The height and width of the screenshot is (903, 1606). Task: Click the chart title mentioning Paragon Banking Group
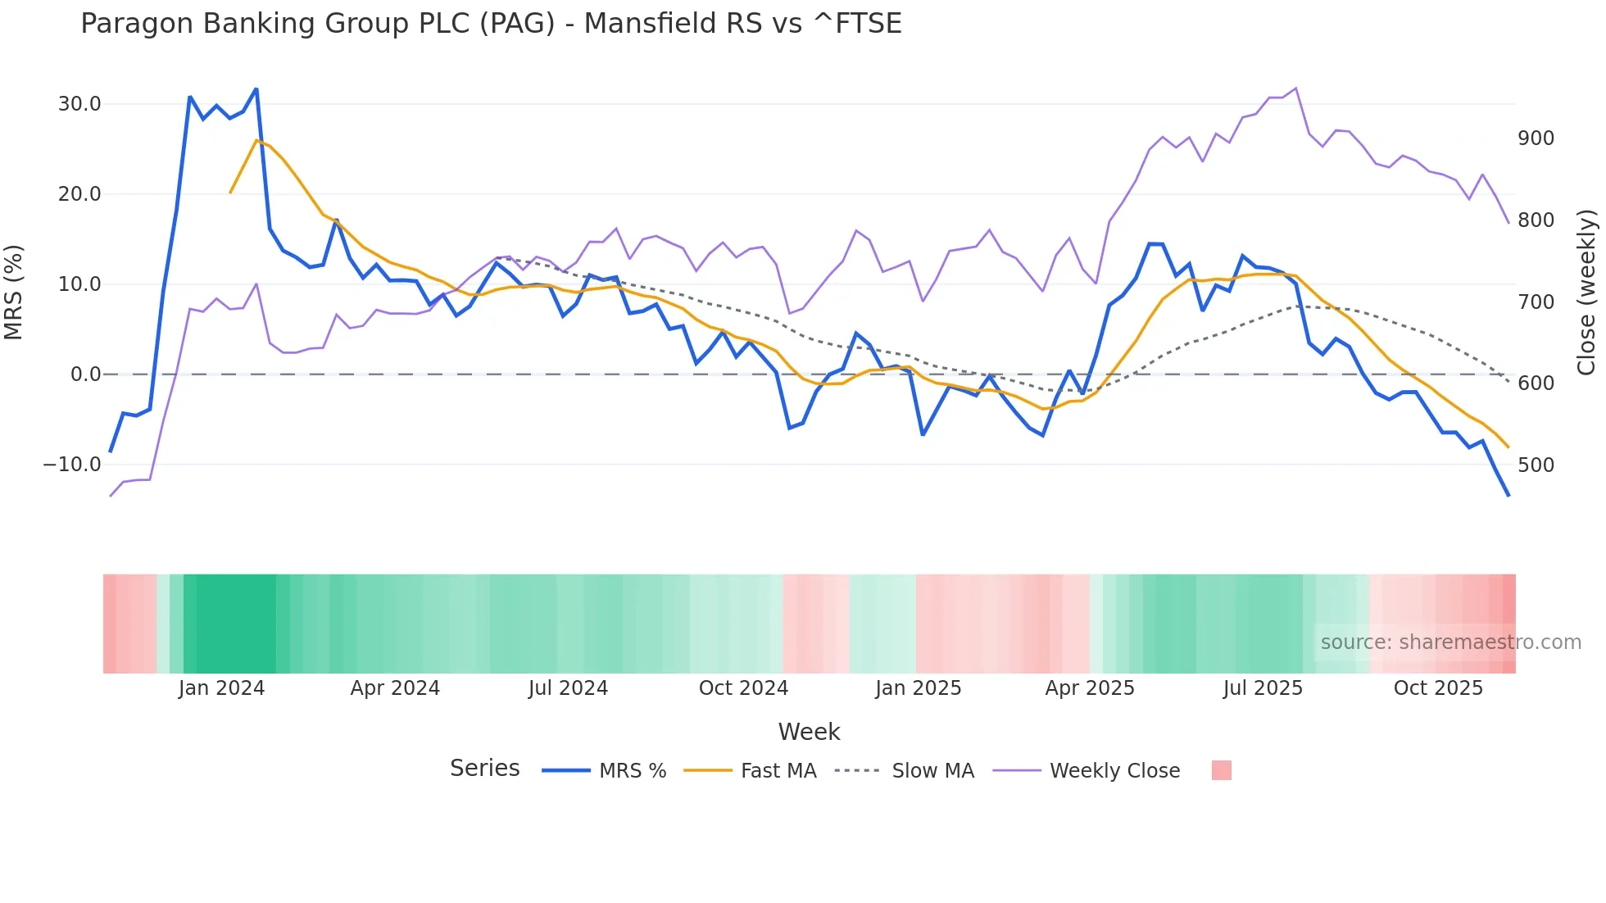point(491,24)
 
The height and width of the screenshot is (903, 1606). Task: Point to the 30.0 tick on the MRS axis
point(79,104)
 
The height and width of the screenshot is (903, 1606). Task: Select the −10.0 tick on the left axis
point(72,465)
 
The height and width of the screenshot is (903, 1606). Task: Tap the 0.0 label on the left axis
point(85,374)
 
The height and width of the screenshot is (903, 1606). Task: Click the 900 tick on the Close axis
point(1536,138)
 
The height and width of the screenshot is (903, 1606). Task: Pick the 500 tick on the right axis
point(1536,465)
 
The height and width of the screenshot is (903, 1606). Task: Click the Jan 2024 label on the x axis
point(221,688)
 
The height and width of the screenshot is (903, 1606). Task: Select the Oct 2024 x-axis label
point(743,688)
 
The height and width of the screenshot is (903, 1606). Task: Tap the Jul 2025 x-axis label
point(1263,688)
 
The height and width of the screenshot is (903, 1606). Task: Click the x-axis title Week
point(809,732)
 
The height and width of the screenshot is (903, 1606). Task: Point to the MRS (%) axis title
point(14,292)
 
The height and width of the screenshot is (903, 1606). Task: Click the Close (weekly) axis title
point(1586,292)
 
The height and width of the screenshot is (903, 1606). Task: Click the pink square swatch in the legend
point(1221,770)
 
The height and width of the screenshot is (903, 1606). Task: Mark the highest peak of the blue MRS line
point(256,88)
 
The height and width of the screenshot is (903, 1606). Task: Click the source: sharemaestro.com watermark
point(1450,642)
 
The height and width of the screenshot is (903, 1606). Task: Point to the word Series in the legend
point(484,769)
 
